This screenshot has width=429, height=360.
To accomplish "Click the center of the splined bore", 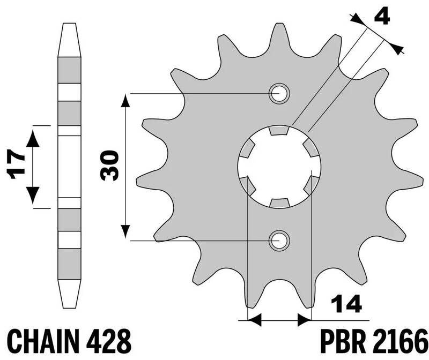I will tap(279, 166).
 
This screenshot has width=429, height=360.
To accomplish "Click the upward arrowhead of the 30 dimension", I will tap(124, 100).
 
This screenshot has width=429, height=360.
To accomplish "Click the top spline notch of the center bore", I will tap(279, 130).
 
